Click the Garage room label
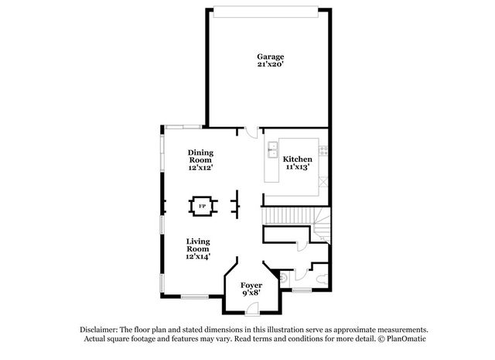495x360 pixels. tap(270, 57)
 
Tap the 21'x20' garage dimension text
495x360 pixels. tap(270, 64)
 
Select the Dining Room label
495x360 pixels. tap(201, 156)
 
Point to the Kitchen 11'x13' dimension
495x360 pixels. tap(297, 166)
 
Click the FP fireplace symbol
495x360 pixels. tap(203, 207)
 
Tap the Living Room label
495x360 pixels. tap(198, 245)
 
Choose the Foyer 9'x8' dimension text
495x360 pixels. tap(251, 293)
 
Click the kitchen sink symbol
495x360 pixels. tap(272, 150)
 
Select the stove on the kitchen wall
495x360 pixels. tap(323, 150)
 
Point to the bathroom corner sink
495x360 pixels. tap(283, 277)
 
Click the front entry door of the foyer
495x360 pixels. tap(252, 309)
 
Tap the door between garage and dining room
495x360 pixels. tap(251, 132)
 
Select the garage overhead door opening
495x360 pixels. tap(266, 12)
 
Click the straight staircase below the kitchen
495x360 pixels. tap(288, 216)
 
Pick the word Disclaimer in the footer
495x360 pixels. tap(99, 330)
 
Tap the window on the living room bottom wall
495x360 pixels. tap(195, 297)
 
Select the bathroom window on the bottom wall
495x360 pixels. tap(302, 290)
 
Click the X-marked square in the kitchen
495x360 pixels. tap(323, 182)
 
